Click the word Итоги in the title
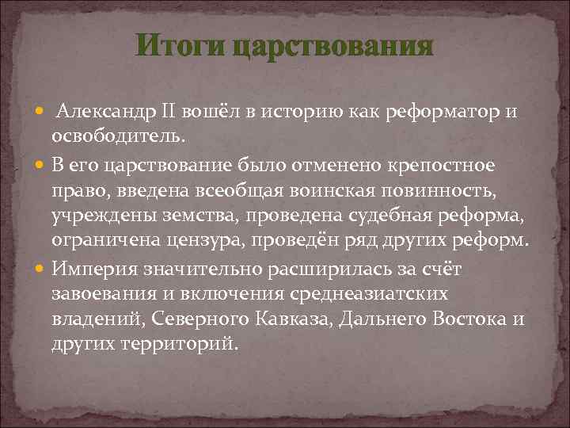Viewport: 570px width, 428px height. tap(180, 45)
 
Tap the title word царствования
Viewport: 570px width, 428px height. tap(333, 45)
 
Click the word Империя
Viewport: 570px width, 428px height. tap(91, 268)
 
